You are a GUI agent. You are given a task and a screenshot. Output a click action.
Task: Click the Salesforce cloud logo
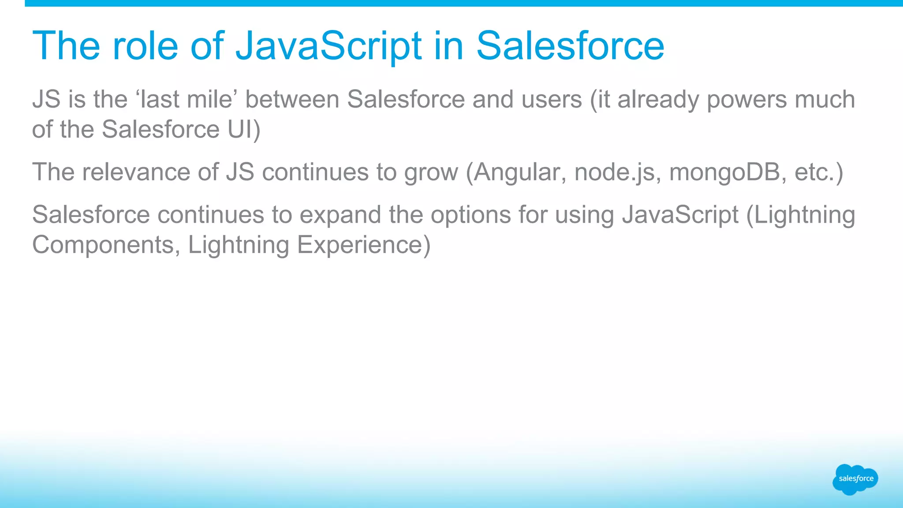(855, 479)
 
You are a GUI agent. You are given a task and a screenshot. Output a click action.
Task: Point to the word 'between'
(292, 99)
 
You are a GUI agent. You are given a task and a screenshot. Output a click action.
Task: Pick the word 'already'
(658, 99)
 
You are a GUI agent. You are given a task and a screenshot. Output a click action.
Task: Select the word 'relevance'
(136, 172)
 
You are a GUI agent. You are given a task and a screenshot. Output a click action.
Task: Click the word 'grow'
(431, 172)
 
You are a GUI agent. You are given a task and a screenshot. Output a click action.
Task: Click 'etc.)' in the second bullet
(819, 172)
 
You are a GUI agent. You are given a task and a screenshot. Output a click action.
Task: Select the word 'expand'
(340, 215)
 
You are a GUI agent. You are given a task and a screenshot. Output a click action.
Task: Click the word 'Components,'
(106, 245)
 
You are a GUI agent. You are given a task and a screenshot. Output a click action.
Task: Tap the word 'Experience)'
(364, 245)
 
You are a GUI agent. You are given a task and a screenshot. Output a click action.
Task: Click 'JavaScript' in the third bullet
(680, 215)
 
